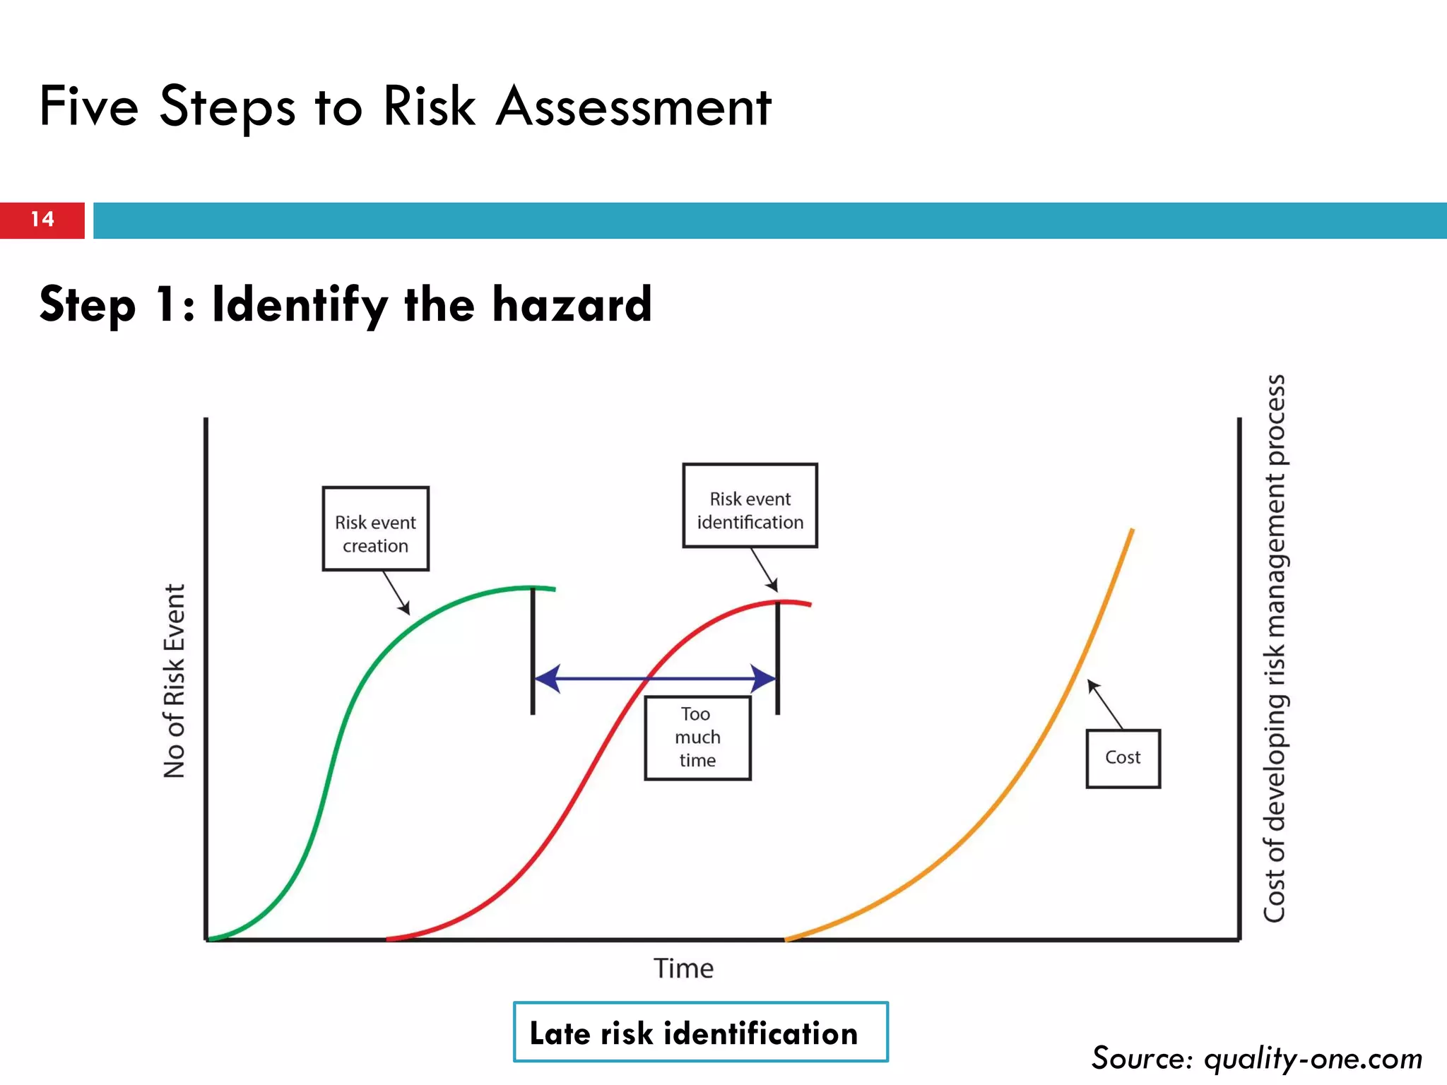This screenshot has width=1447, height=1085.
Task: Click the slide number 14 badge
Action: (42, 220)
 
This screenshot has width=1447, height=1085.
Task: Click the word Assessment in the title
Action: (633, 107)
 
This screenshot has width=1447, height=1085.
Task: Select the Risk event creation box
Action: (375, 528)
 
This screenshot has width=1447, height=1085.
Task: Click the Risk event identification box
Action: (750, 506)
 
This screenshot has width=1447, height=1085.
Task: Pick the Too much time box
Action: (697, 737)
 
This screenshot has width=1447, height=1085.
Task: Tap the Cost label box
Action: (1123, 758)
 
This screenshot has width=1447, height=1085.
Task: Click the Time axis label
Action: (683, 968)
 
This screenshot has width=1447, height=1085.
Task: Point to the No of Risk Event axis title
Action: (174, 681)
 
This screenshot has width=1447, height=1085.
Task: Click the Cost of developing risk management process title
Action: (1275, 648)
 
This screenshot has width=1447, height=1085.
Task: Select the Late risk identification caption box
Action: (700, 1032)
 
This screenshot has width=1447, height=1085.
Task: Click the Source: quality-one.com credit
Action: (1256, 1058)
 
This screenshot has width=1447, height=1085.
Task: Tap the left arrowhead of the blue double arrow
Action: (548, 679)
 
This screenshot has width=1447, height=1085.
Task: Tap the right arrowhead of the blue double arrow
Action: (763, 679)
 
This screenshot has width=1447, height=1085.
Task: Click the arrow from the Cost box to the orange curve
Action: (1104, 704)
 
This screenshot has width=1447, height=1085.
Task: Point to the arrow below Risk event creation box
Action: (396, 593)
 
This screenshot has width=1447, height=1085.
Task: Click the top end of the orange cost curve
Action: (1132, 530)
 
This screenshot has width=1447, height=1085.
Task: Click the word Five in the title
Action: (89, 107)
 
